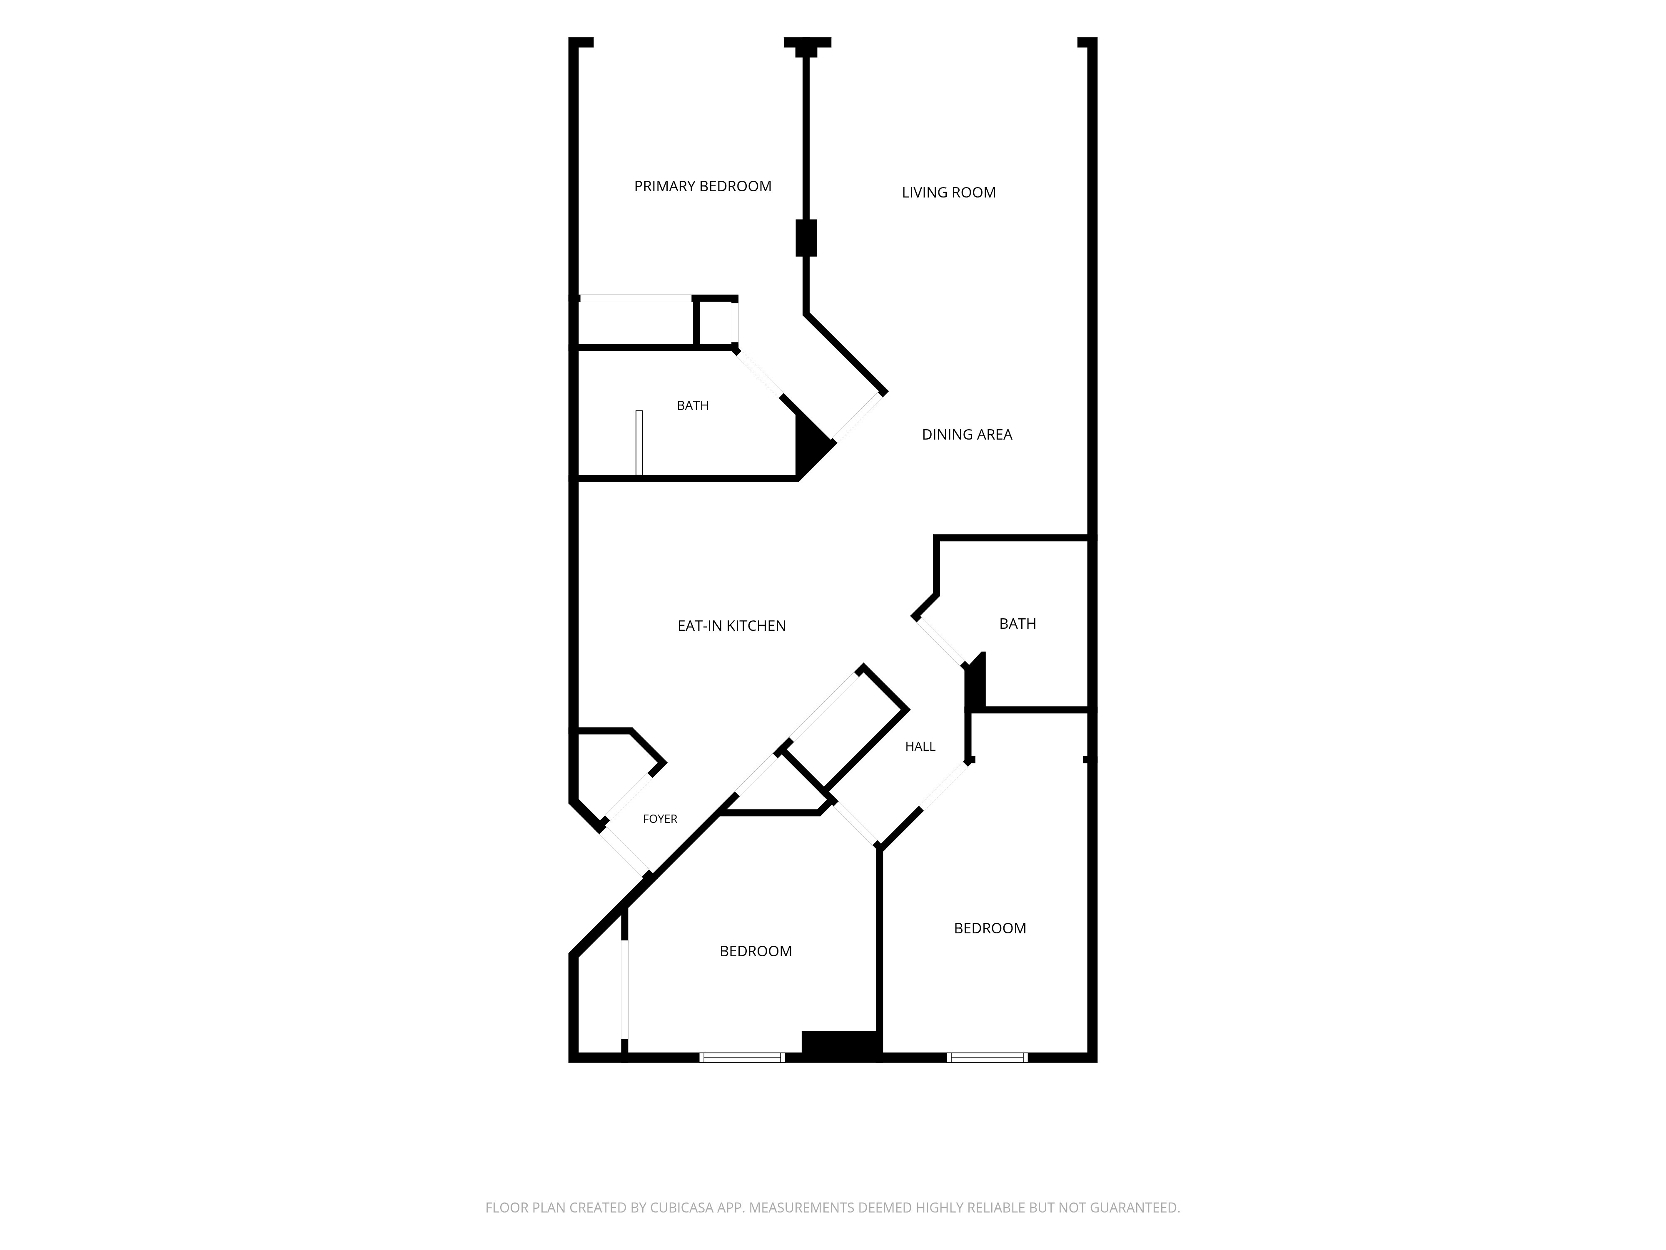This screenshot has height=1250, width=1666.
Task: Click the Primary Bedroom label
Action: point(703,186)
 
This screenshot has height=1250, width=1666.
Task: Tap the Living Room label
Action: point(948,192)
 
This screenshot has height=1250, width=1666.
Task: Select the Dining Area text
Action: point(967,434)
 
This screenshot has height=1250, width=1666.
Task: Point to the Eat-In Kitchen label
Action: point(731,625)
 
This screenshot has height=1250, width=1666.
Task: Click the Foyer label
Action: point(660,819)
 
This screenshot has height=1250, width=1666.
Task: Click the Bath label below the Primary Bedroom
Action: point(693,405)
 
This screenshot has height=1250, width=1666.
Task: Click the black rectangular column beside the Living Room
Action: point(807,238)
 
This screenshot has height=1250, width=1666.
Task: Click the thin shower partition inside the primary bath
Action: point(639,443)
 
